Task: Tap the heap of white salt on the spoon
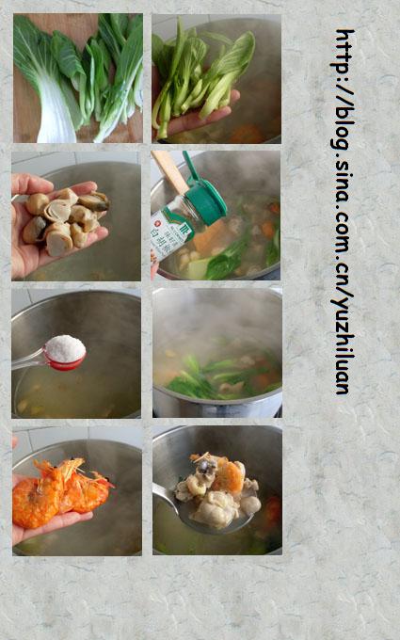[x=65, y=349]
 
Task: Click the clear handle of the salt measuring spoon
[x=27, y=359]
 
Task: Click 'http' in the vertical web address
[x=344, y=51]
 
